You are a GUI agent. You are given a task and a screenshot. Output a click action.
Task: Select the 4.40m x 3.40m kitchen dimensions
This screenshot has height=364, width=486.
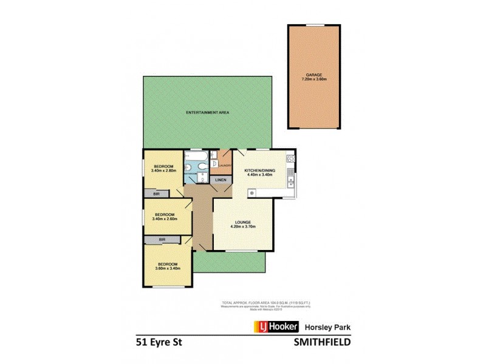(260, 175)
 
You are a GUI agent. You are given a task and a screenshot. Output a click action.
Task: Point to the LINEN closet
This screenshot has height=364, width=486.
(221, 180)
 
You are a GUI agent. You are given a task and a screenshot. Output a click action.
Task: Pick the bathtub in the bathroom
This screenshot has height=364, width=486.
(196, 164)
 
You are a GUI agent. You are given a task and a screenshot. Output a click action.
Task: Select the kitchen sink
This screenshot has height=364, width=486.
(292, 181)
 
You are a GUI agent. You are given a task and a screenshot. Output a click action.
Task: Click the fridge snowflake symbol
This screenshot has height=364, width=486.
(252, 193)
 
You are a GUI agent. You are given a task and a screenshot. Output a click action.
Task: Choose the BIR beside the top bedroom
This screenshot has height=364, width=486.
(157, 194)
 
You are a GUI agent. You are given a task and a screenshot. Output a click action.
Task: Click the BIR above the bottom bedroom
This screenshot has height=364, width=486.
(162, 240)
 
